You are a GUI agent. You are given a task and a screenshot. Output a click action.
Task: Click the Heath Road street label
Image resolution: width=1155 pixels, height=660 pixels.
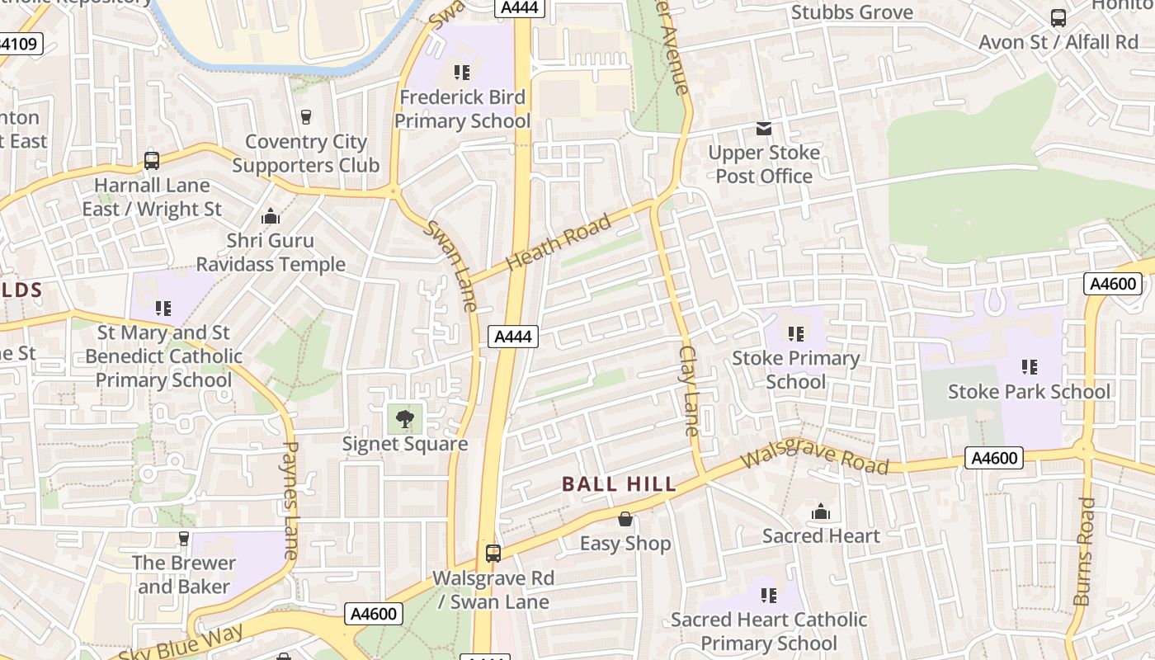(x=559, y=241)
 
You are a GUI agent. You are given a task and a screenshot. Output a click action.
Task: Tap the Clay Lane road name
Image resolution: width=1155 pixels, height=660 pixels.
(x=689, y=390)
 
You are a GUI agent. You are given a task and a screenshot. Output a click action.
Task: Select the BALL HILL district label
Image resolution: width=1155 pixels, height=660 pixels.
(x=619, y=484)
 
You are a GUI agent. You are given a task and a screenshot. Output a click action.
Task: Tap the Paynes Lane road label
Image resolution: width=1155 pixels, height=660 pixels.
(x=290, y=500)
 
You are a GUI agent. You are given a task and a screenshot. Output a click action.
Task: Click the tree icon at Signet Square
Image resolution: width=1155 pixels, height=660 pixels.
(x=404, y=419)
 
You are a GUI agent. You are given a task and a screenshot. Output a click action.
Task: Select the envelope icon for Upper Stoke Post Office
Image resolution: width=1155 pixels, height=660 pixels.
(x=764, y=129)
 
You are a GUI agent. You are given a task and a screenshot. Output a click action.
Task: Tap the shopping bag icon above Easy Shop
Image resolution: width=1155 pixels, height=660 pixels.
(x=625, y=519)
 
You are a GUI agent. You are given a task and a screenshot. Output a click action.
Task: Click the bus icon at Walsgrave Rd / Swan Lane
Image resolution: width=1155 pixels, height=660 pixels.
(x=493, y=554)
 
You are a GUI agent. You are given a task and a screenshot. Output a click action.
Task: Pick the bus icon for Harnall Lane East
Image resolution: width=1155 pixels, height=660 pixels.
(x=152, y=161)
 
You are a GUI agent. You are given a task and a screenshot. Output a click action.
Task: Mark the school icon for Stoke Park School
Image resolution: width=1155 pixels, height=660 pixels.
(x=1029, y=367)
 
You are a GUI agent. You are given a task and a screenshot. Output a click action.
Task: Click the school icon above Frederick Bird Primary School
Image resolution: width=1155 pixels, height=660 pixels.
(x=461, y=73)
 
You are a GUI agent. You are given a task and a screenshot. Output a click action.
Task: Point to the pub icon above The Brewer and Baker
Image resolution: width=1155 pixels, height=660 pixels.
(x=184, y=539)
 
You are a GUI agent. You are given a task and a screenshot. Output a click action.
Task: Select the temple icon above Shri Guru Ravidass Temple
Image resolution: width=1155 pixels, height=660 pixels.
(x=270, y=217)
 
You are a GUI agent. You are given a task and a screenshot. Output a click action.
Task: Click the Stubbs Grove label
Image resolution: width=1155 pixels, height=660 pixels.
(x=851, y=12)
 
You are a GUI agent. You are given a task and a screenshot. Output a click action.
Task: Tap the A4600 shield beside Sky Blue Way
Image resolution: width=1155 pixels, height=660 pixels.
(x=374, y=614)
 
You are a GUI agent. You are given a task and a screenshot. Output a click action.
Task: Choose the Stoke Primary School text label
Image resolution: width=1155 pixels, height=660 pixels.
(x=795, y=370)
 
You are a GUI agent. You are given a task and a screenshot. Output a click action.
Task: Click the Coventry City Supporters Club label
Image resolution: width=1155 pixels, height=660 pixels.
(x=305, y=153)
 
